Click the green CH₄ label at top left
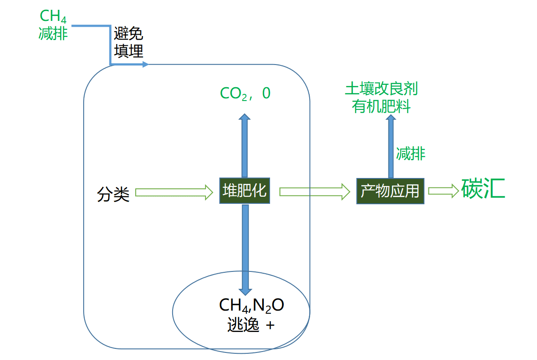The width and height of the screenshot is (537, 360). point(53,16)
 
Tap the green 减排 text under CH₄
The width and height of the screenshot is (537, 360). point(53,33)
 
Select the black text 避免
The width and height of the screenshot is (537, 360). point(129,34)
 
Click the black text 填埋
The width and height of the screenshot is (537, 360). point(129,51)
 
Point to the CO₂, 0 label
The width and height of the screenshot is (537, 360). point(245,93)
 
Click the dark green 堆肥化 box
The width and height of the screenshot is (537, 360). point(245,191)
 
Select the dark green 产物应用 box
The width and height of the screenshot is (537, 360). point(390,191)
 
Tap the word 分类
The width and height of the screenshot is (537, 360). point(113,194)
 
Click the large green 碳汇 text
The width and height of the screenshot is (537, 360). point(483,189)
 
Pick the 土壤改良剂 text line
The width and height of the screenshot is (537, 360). point(382,89)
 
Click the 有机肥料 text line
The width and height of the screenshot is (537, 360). point(382,106)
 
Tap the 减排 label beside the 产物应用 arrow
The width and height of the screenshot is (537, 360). point(411,154)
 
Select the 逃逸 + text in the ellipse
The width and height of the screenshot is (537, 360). point(251,325)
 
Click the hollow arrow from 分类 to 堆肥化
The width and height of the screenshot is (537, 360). point(174,192)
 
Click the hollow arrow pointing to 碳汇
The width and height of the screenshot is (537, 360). point(443,191)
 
